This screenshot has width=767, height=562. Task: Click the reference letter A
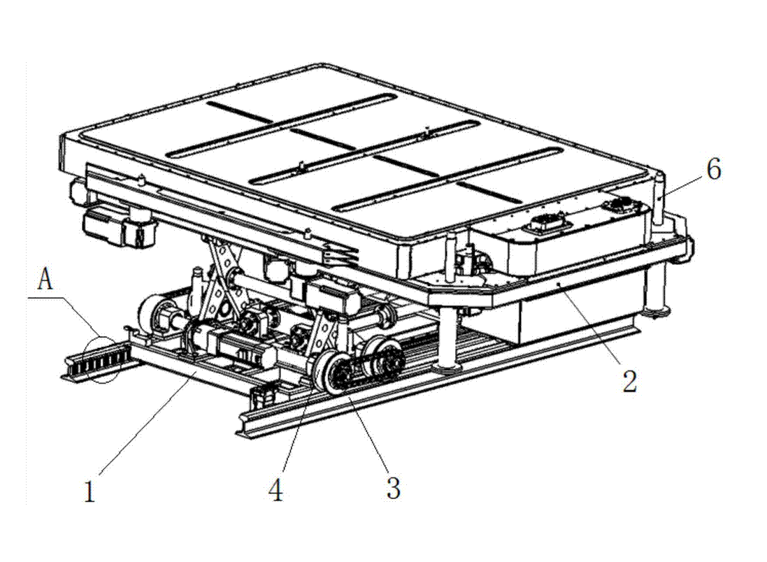coord(45,280)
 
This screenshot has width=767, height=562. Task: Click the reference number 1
coord(89,491)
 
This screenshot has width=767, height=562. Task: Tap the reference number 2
coord(629,381)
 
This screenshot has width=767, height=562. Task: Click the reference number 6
coord(714,170)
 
